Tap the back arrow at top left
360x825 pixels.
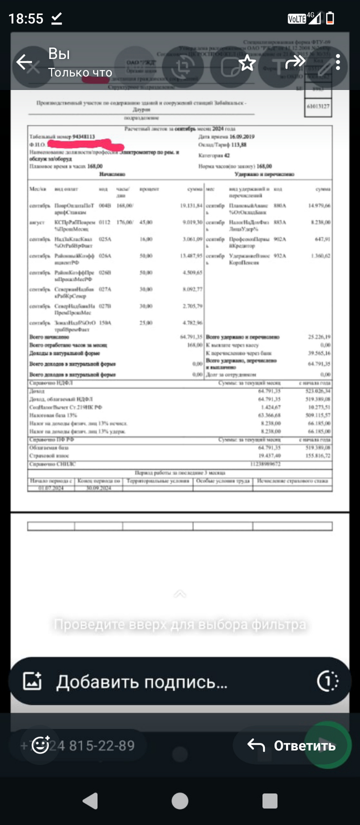[x=24, y=63]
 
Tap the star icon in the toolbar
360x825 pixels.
[x=247, y=63]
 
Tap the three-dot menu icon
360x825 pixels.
[x=338, y=63]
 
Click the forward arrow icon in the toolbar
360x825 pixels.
[x=295, y=63]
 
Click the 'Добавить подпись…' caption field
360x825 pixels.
[x=142, y=682]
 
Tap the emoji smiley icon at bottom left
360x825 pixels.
[x=41, y=745]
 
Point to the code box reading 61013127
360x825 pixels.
[x=318, y=106]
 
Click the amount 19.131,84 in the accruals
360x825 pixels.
[x=191, y=206]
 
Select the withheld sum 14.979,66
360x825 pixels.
[x=319, y=206]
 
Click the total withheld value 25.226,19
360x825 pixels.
[x=319, y=337]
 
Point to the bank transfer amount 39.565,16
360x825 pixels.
[x=319, y=353]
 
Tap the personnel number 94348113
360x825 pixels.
[x=84, y=137]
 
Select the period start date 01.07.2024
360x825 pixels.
[x=51, y=488]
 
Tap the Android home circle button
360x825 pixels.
[x=180, y=800]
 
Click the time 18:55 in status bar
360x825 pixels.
[x=26, y=19]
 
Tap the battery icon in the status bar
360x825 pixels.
[x=330, y=19]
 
